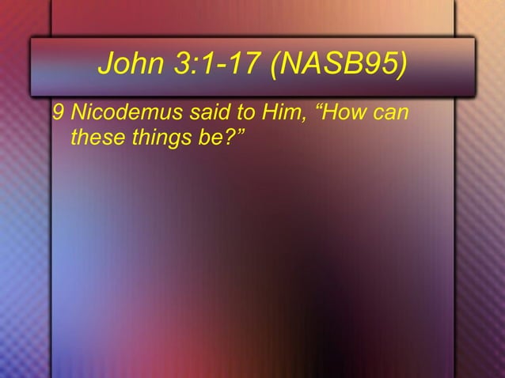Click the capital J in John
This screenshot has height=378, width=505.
(x=106, y=68)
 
